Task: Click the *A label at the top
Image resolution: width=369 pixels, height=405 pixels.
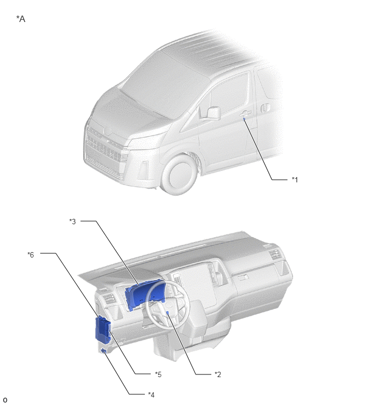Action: click(21, 19)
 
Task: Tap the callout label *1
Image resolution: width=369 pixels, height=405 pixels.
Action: click(294, 180)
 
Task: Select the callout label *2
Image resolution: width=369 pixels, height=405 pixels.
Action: click(218, 374)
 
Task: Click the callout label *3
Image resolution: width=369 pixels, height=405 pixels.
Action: click(72, 222)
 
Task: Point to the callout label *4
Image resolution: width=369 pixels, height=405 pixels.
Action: click(151, 395)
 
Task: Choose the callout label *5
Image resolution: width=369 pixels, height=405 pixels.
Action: click(158, 374)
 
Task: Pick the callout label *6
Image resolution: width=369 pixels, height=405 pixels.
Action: click(31, 255)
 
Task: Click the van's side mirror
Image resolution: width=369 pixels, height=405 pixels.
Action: click(214, 113)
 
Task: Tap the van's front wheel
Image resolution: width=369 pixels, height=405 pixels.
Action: click(179, 175)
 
